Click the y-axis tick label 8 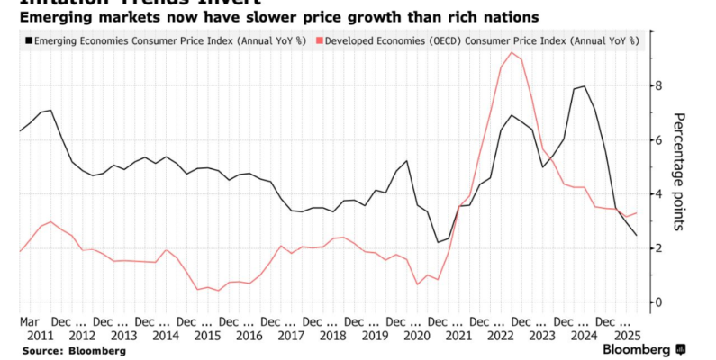point(658,85)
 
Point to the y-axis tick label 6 point(658,139)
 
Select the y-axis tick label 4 point(658,193)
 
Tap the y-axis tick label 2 point(658,247)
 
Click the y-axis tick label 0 point(658,301)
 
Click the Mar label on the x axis point(30,320)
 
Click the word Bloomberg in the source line point(96,350)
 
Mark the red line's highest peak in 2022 point(512,52)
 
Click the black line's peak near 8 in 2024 point(585,86)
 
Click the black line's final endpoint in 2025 point(637,236)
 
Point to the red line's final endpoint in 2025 point(637,213)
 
